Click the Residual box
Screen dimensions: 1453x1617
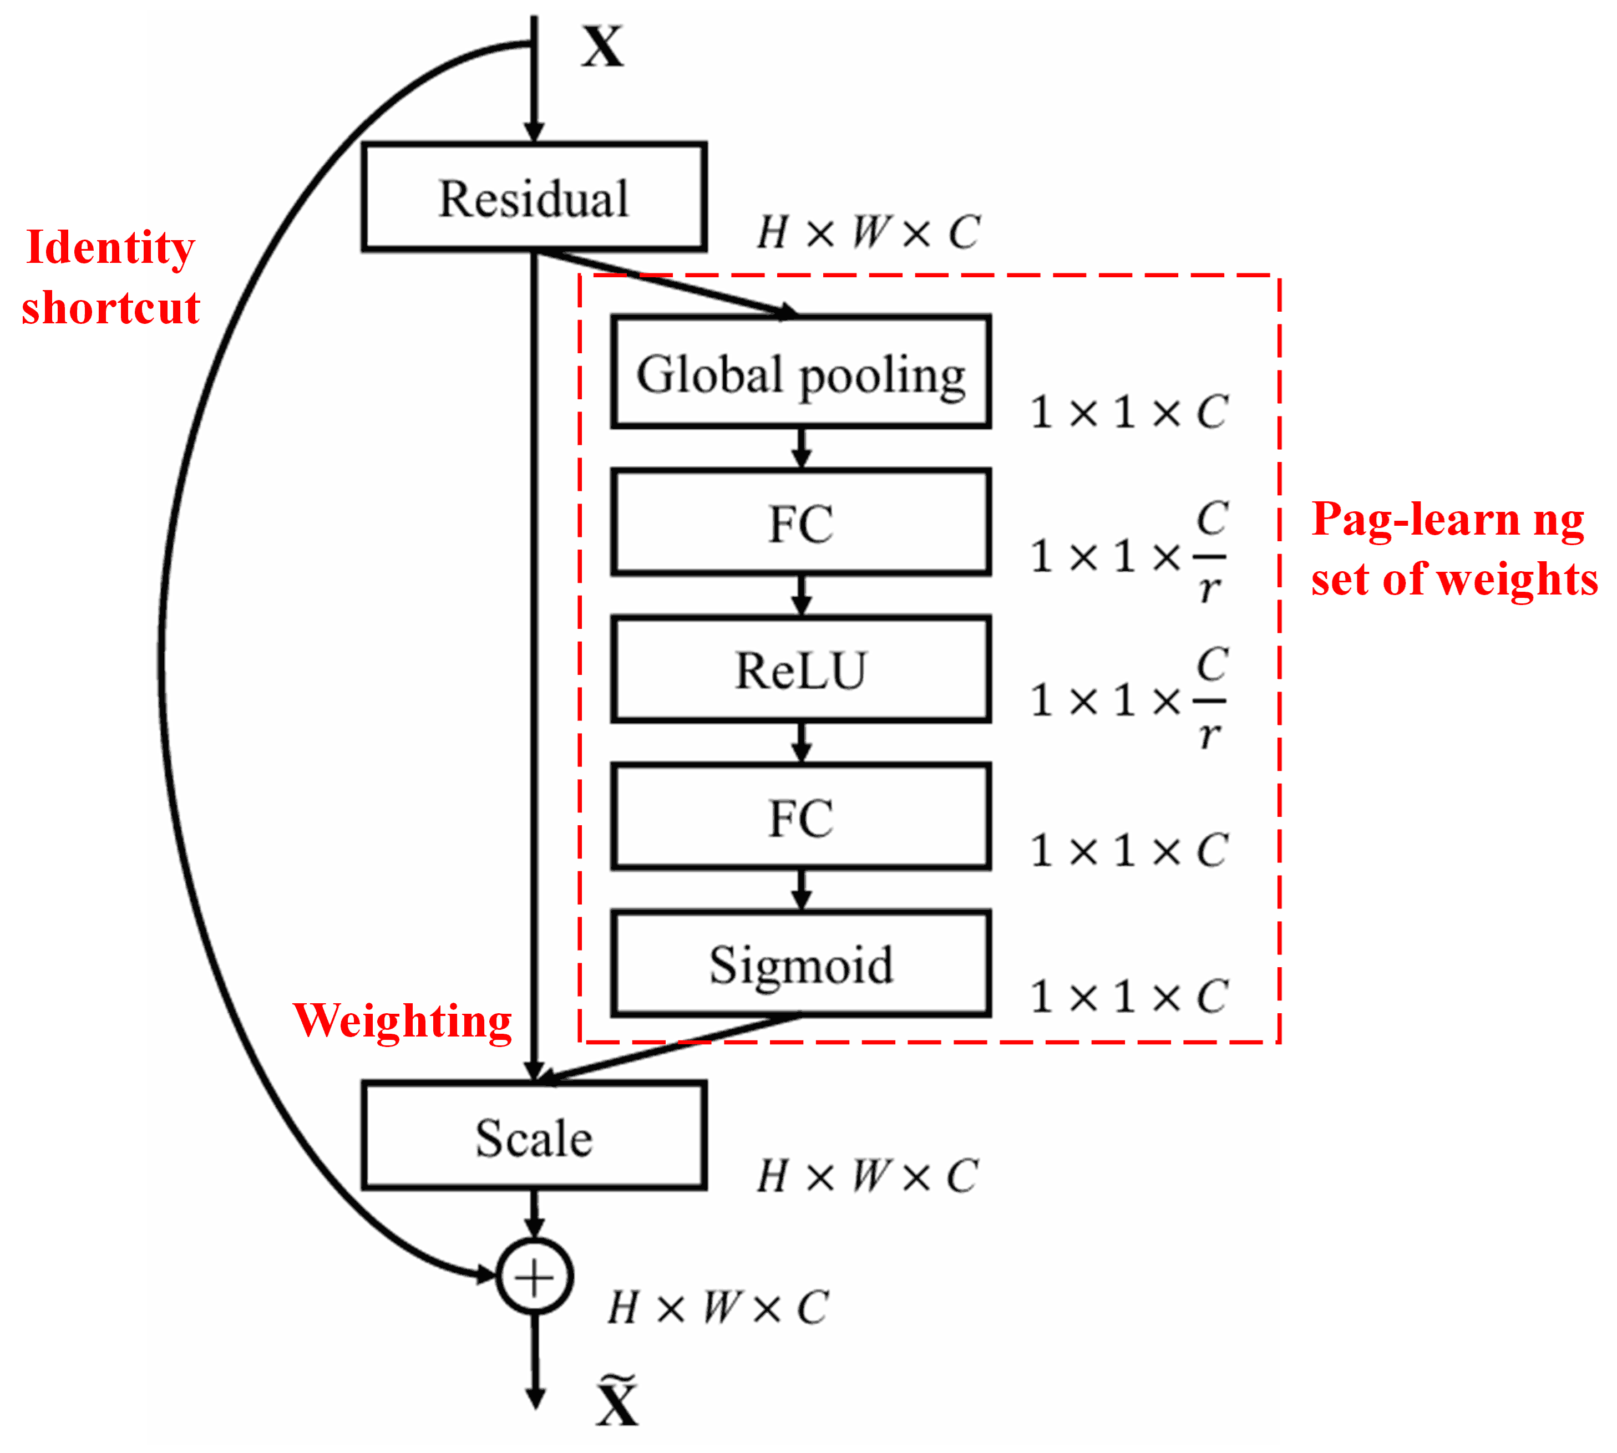click(x=534, y=197)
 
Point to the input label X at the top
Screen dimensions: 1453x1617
click(x=602, y=46)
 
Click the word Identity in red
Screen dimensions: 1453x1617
click(x=110, y=247)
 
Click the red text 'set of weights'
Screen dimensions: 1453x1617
click(x=1453, y=579)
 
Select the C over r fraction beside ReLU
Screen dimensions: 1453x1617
click(x=1210, y=699)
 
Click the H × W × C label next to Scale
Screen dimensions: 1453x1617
click(x=868, y=1175)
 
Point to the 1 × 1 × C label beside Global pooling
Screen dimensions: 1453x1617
click(x=1128, y=412)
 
